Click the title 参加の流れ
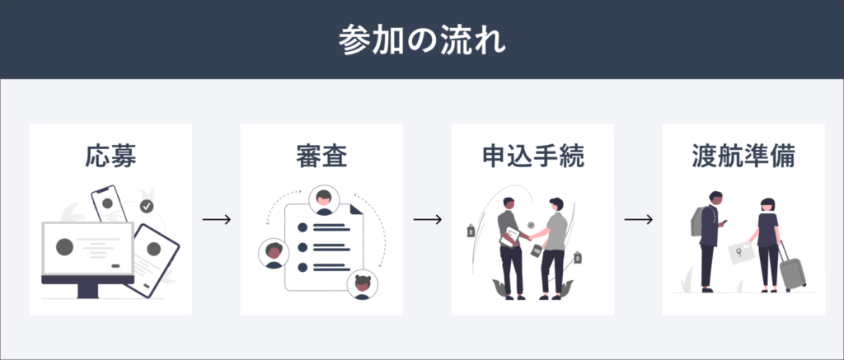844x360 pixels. (422, 40)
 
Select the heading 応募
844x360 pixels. (110, 157)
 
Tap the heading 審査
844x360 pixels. (321, 157)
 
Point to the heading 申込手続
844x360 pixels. (532, 157)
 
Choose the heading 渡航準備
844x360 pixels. (743, 157)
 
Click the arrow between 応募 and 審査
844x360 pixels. (217, 220)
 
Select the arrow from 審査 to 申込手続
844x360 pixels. (428, 220)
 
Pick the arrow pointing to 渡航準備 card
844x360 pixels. (639, 220)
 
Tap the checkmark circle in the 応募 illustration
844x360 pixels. (147, 206)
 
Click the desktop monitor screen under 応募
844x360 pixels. (87, 249)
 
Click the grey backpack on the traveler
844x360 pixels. (697, 221)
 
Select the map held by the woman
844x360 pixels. (743, 252)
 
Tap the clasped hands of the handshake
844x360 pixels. (530, 236)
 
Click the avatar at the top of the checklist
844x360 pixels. (324, 200)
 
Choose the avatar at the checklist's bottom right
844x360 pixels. (363, 284)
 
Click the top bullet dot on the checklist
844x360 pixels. (302, 227)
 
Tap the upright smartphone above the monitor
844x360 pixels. (109, 204)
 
